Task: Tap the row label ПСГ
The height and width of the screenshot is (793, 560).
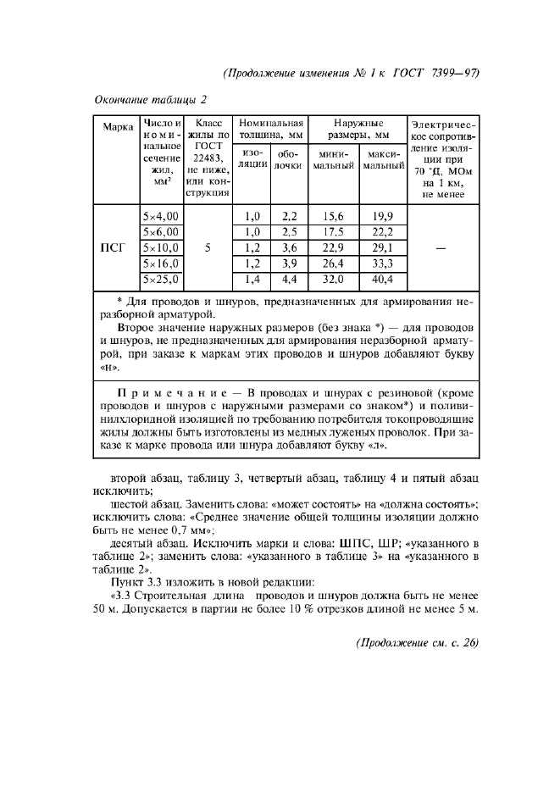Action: [x=114, y=248]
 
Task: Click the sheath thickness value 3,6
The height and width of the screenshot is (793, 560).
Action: [x=289, y=248]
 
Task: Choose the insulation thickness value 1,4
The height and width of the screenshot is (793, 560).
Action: [x=252, y=280]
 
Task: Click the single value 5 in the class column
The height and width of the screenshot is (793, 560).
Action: [x=207, y=248]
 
